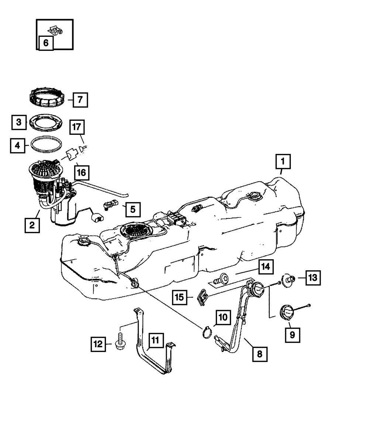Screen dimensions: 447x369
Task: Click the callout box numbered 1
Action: click(283, 161)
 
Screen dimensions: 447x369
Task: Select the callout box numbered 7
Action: click(80, 99)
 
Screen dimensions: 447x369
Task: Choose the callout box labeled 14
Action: click(266, 267)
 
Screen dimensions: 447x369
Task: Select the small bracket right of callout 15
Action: click(203, 296)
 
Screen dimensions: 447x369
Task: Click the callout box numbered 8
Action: click(260, 354)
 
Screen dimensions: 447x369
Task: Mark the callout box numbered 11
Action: click(155, 340)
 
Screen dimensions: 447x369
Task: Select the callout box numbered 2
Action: click(32, 225)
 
